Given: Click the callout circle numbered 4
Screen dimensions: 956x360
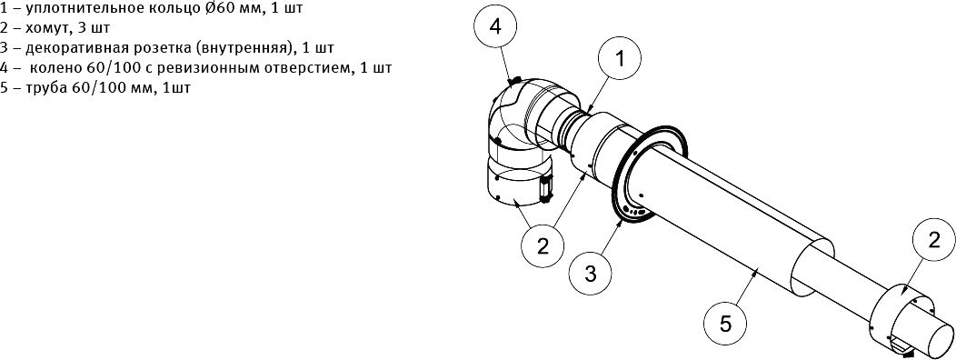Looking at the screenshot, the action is [495, 28].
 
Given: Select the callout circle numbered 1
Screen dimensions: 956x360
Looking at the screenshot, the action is [620, 60].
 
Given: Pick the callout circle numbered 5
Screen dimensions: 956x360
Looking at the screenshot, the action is [725, 324].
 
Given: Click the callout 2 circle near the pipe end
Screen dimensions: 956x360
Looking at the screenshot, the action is [934, 242].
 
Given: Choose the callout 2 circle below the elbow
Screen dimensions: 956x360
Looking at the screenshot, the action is [543, 246].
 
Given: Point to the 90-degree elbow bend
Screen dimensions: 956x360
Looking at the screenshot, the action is [513, 116].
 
